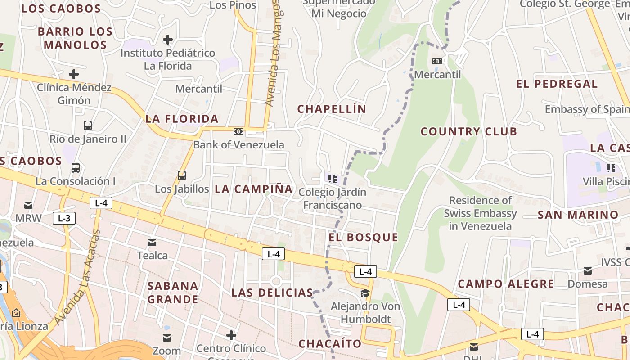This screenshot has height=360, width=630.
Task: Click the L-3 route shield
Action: pyautogui.click(x=64, y=219)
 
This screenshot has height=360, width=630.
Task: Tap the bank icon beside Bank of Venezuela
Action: pyautogui.click(x=238, y=131)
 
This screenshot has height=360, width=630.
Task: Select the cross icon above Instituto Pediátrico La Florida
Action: pyautogui.click(x=168, y=40)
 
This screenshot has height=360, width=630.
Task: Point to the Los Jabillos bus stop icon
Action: pyautogui.click(x=182, y=175)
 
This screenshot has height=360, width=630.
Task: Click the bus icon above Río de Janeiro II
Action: pyautogui.click(x=88, y=126)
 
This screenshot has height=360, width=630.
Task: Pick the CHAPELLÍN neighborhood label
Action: pyautogui.click(x=332, y=109)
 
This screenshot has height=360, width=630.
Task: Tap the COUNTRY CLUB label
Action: pyautogui.click(x=469, y=131)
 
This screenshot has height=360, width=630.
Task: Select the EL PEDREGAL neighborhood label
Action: pyautogui.click(x=557, y=84)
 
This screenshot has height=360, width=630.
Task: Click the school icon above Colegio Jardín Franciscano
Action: pyautogui.click(x=333, y=179)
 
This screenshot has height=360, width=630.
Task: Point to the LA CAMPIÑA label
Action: pyautogui.click(x=254, y=189)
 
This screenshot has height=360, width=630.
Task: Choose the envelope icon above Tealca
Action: pyautogui.click(x=152, y=243)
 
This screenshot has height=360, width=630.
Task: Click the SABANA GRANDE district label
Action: pyautogui.click(x=173, y=292)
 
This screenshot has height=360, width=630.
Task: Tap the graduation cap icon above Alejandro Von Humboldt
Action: pyautogui.click(x=364, y=293)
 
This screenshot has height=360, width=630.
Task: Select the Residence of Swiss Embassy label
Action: pyautogui.click(x=480, y=213)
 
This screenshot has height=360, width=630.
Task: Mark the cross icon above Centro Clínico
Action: pyautogui.click(x=231, y=335)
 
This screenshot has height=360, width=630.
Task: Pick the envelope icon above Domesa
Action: pyautogui.click(x=588, y=271)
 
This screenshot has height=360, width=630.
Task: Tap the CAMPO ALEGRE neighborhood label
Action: pyautogui.click(x=506, y=284)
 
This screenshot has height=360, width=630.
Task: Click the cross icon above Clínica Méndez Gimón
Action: pyautogui.click(x=74, y=74)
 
